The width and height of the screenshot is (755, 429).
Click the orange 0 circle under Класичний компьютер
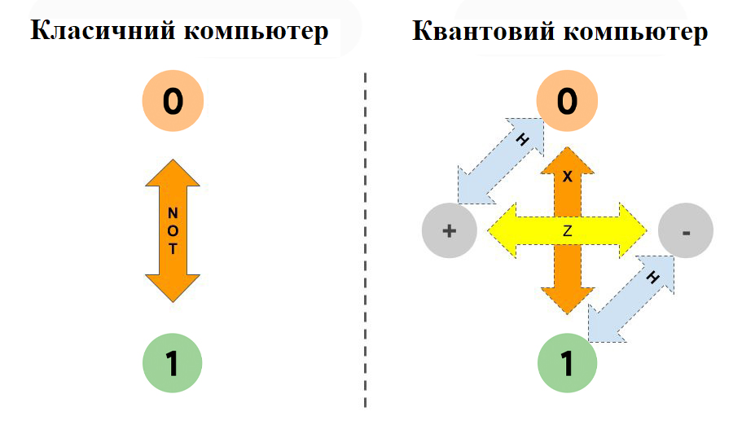[x=173, y=101]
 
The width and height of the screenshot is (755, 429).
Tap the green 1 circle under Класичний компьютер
[x=173, y=362]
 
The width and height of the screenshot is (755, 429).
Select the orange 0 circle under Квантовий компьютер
[x=567, y=101]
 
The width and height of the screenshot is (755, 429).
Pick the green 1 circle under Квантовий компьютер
[x=567, y=362]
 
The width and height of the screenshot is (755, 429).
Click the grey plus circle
[x=450, y=230]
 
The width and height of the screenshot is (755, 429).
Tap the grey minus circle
[x=686, y=230]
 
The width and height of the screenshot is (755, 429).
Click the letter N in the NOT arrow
[x=173, y=212]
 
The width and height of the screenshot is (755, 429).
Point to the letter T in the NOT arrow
[x=173, y=249]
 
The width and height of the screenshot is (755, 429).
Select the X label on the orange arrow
[x=567, y=177]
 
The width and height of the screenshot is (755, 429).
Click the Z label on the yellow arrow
[x=567, y=231]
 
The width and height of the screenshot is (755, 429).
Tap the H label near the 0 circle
[x=522, y=140]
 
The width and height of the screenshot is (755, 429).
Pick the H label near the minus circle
[x=652, y=278]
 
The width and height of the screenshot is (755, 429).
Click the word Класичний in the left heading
[x=103, y=31]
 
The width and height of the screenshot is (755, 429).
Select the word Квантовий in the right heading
[x=485, y=31]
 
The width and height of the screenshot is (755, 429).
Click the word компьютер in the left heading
[x=257, y=33]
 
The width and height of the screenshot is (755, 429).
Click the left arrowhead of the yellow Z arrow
[x=502, y=230]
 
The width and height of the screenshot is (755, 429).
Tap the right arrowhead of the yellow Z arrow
[x=633, y=230]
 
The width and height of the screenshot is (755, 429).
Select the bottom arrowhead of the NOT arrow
[x=173, y=288]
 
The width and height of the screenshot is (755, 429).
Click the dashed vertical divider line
[x=366, y=241]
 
